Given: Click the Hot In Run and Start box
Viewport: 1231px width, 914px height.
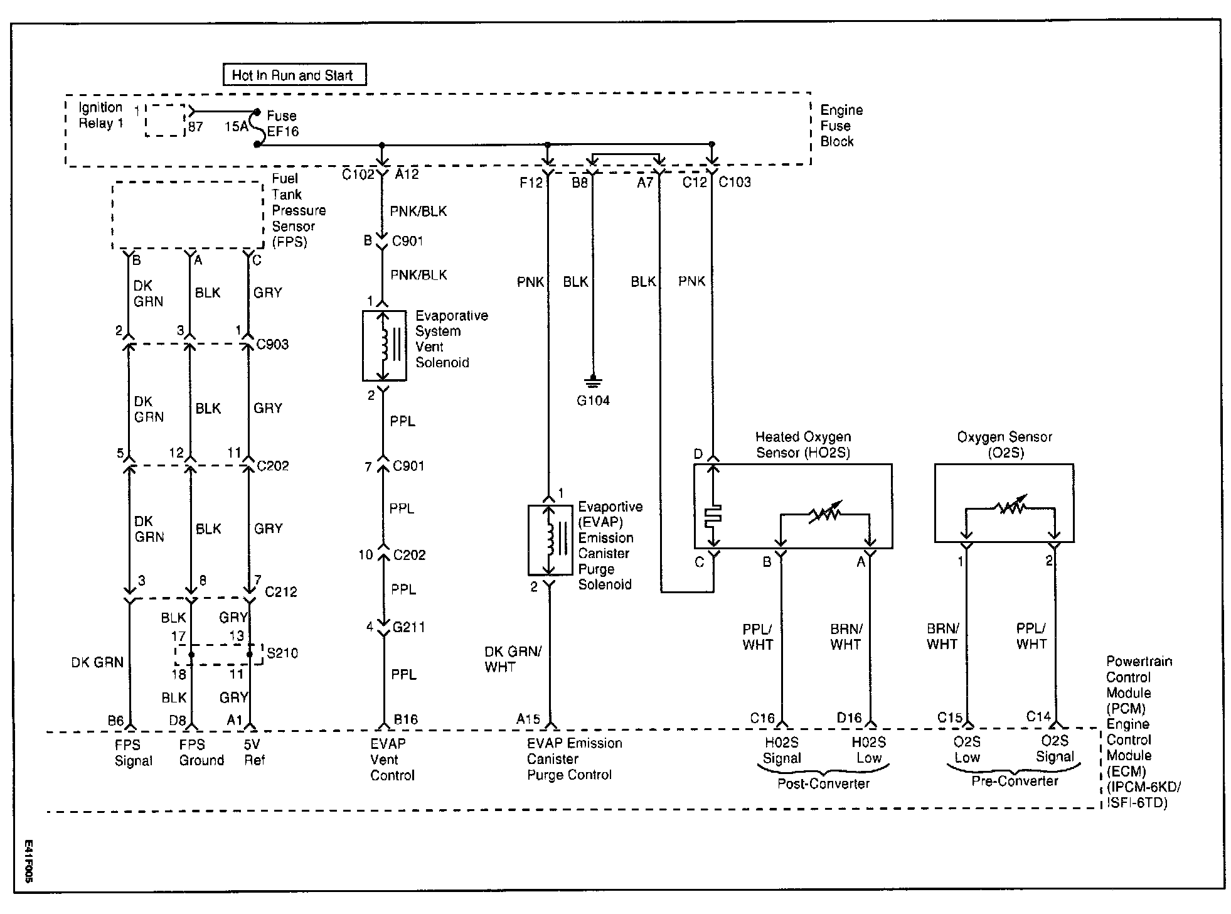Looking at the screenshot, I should [x=294, y=75].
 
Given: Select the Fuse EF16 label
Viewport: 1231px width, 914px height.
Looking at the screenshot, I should [x=282, y=124].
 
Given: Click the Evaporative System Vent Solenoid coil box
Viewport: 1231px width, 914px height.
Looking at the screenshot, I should [x=383, y=345].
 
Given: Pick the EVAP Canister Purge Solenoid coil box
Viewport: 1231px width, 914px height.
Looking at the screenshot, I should [x=550, y=539].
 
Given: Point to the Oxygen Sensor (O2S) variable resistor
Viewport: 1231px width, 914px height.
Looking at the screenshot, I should [x=1010, y=506].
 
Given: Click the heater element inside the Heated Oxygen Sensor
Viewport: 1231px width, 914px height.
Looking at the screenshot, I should [x=713, y=514].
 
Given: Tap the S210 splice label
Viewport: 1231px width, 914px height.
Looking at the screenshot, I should [x=282, y=653].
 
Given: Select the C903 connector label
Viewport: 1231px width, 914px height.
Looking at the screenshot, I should [x=273, y=344].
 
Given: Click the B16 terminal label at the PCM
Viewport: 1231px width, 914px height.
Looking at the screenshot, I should [x=406, y=719].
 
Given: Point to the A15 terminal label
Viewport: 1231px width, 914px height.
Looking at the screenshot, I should [x=528, y=719].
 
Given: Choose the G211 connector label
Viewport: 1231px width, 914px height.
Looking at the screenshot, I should [x=408, y=626].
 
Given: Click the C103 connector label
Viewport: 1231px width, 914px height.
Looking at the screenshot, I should [x=735, y=182].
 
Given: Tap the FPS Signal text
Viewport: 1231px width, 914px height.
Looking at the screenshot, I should [x=133, y=753].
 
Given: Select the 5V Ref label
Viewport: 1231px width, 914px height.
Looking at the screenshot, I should [x=254, y=752].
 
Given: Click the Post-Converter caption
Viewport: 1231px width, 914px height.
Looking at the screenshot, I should [x=823, y=783].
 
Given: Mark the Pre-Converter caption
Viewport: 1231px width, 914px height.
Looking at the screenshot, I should [x=1015, y=781].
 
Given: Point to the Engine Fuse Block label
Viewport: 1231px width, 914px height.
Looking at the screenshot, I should [x=841, y=126].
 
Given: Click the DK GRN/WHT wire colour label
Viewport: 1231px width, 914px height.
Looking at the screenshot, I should [x=512, y=659].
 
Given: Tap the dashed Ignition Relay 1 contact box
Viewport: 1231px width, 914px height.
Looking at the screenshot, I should [x=165, y=121].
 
